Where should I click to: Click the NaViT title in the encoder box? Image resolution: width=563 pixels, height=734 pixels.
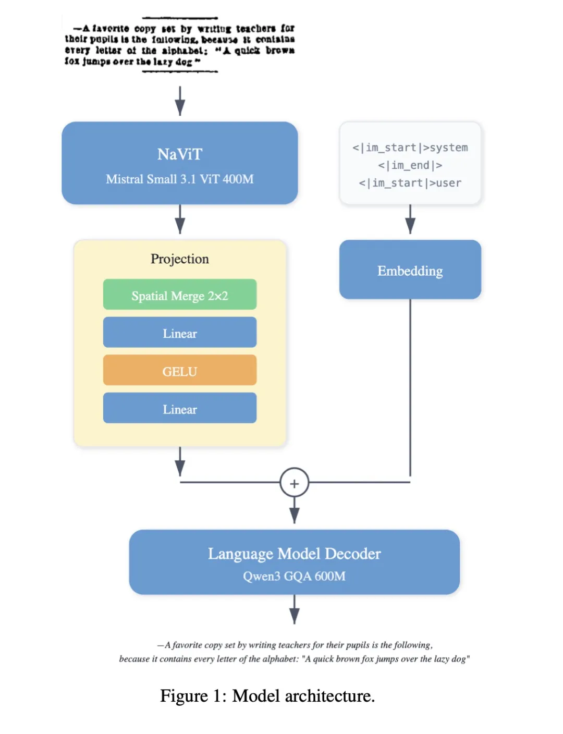pos(179,154)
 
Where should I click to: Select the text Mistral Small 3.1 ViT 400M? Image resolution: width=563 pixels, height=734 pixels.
pos(179,179)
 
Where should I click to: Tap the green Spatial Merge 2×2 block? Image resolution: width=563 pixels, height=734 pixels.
pos(179,295)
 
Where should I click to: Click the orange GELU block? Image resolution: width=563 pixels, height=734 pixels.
pos(179,371)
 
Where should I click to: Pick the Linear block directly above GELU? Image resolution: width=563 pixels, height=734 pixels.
pos(179,333)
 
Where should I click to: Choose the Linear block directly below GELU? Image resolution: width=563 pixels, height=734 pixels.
pos(179,408)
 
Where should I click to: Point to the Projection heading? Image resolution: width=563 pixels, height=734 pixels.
pos(179,259)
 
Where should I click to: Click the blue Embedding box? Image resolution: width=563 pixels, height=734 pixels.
pos(410,270)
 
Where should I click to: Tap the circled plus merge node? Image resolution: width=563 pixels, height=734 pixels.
pos(294,483)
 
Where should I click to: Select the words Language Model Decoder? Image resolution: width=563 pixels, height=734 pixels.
pos(294,554)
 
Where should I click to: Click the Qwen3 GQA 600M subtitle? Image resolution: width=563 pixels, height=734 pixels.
pos(294,576)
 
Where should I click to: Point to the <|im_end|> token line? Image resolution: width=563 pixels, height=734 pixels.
pos(410,165)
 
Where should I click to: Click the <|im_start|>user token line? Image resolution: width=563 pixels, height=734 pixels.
pos(410,183)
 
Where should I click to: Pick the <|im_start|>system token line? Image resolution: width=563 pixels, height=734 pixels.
pos(410,148)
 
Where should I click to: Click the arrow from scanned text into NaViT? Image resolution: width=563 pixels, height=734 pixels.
pos(180,101)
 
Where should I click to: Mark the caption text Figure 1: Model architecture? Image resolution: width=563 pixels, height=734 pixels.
pos(267,696)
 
